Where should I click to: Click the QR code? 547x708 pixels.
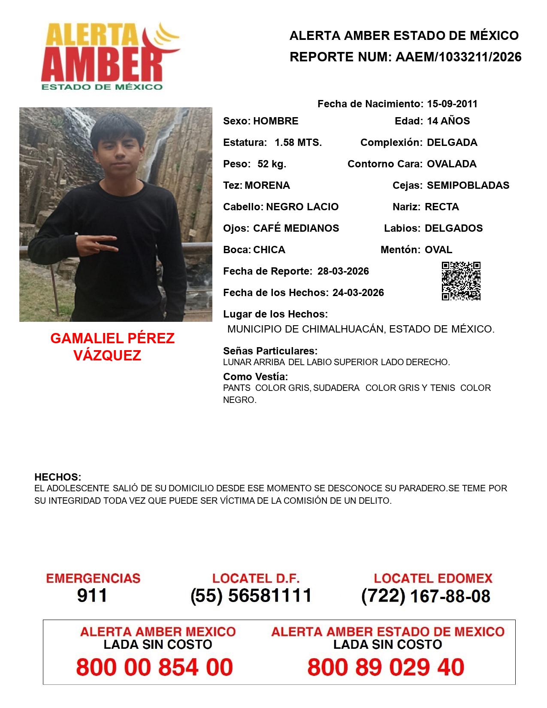click(461, 281)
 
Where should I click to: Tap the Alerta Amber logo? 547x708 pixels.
click(109, 56)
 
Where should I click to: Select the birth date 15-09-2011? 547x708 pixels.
click(452, 104)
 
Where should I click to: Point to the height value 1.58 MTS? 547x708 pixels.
click(298, 142)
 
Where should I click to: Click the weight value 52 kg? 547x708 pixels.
click(272, 164)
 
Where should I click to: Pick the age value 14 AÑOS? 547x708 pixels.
click(448, 121)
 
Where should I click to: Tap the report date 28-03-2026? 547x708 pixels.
click(343, 271)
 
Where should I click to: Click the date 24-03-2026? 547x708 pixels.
click(358, 293)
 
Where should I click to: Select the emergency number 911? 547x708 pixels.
click(92, 596)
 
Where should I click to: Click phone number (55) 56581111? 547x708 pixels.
click(251, 596)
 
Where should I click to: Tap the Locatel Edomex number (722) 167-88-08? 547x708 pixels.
click(426, 596)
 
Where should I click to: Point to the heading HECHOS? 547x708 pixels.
click(57, 477)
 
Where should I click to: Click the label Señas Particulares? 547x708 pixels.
click(270, 351)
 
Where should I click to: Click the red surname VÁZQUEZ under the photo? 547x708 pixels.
click(107, 356)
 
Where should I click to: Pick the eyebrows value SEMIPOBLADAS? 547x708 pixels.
click(468, 185)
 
